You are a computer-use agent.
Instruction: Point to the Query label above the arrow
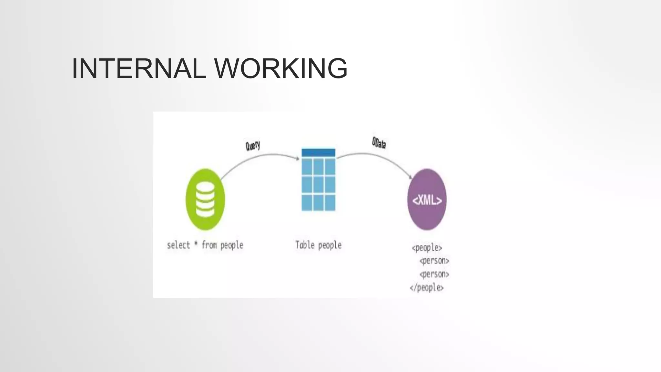click(x=253, y=146)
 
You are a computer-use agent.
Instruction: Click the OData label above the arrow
click(x=379, y=143)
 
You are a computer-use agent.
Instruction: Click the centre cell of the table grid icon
click(x=318, y=184)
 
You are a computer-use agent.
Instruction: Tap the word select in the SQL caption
click(x=178, y=245)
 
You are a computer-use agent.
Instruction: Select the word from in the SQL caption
click(x=209, y=245)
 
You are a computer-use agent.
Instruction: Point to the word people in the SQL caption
click(x=232, y=246)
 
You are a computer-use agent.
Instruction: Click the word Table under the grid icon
click(x=305, y=245)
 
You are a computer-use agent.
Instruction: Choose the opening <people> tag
click(x=427, y=248)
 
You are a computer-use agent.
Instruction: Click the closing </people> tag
click(x=427, y=287)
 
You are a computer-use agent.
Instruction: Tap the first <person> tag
click(x=434, y=261)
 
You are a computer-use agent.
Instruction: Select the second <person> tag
click(x=434, y=274)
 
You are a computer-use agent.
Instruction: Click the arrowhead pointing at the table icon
click(x=298, y=158)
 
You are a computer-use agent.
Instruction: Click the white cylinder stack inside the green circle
click(x=205, y=200)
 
